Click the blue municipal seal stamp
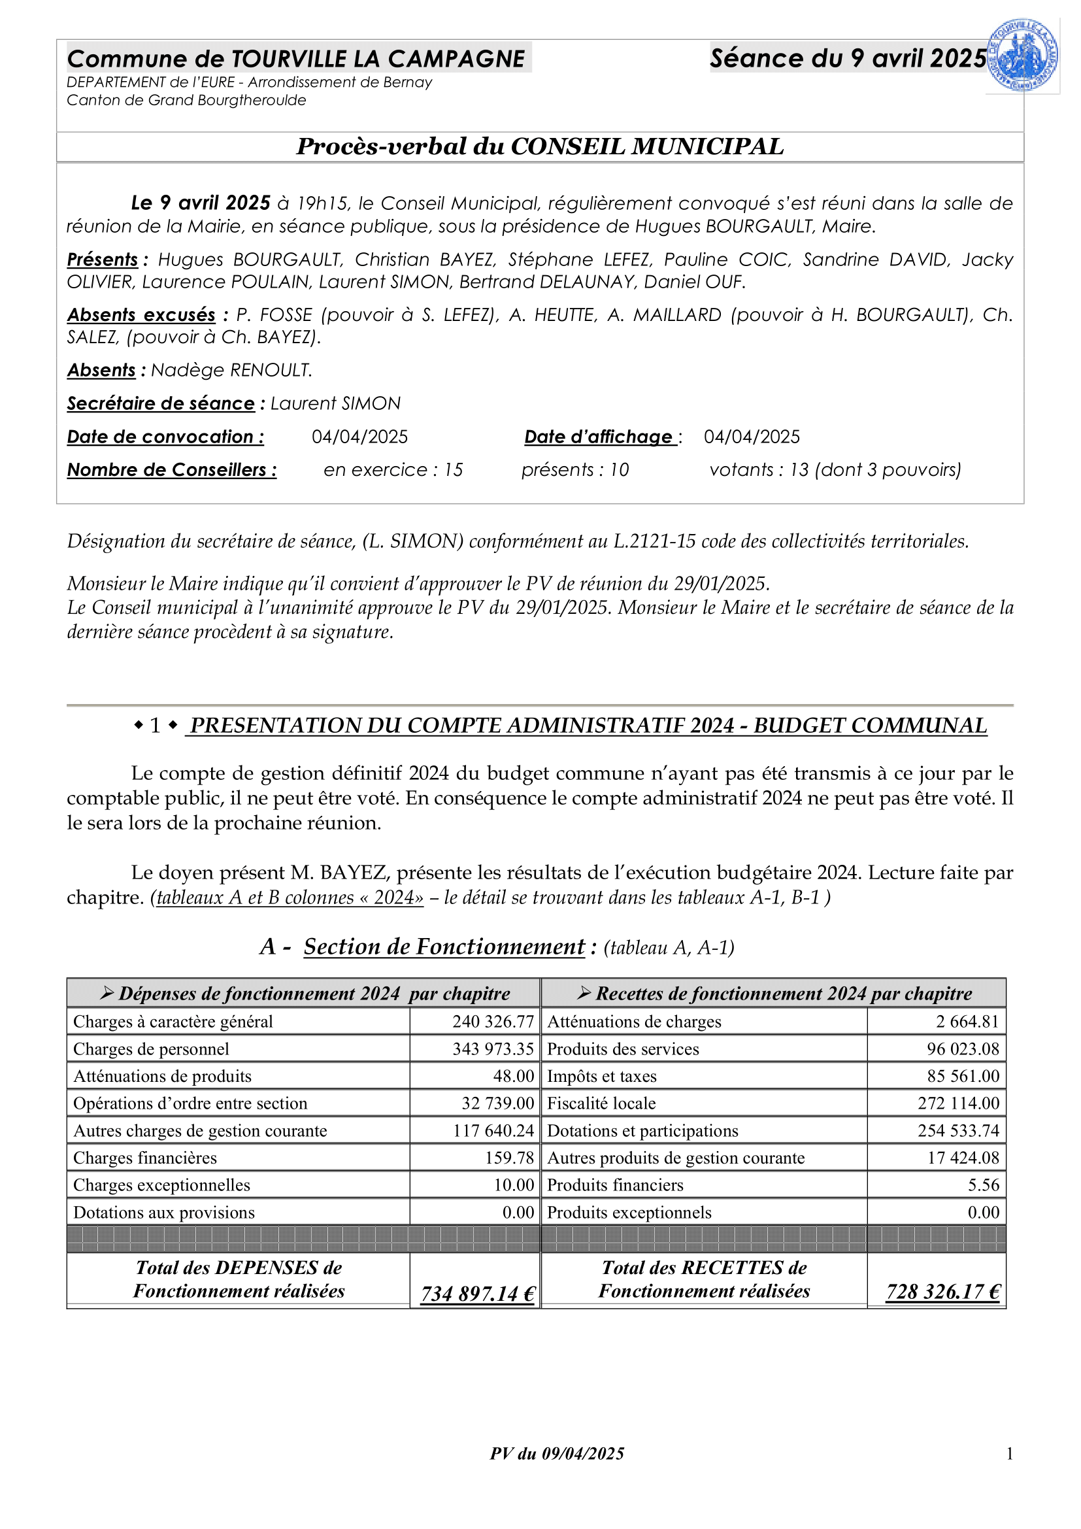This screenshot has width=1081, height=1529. pyautogui.click(x=1022, y=56)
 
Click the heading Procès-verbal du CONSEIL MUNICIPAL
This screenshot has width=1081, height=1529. pyautogui.click(x=540, y=146)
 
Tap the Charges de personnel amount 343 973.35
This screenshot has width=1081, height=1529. pyautogui.click(x=493, y=1049)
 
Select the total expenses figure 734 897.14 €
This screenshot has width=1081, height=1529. pyautogui.click(x=477, y=1293)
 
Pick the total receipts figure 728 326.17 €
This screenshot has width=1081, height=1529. pyautogui.click(x=942, y=1291)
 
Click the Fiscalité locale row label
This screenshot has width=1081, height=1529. pyautogui.click(x=601, y=1103)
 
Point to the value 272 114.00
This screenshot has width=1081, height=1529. pyautogui.click(x=959, y=1103)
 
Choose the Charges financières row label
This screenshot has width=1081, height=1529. pyautogui.click(x=145, y=1158)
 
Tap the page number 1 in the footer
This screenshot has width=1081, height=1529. pyautogui.click(x=1009, y=1454)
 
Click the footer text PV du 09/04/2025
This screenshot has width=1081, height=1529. pyautogui.click(x=557, y=1454)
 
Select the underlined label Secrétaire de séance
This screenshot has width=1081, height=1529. pyautogui.click(x=160, y=403)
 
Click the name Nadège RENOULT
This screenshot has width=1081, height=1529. pyautogui.click(x=231, y=370)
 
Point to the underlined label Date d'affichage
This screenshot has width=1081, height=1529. pyautogui.click(x=599, y=437)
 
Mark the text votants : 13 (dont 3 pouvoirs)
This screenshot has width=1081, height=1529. pyautogui.click(x=835, y=470)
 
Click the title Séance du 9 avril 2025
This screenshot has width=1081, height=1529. pyautogui.click(x=848, y=59)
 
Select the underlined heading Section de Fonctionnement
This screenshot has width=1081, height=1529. pyautogui.click(x=444, y=947)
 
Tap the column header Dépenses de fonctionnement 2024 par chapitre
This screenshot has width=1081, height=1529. pyautogui.click(x=305, y=994)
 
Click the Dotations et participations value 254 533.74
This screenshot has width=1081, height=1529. pyautogui.click(x=959, y=1131)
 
